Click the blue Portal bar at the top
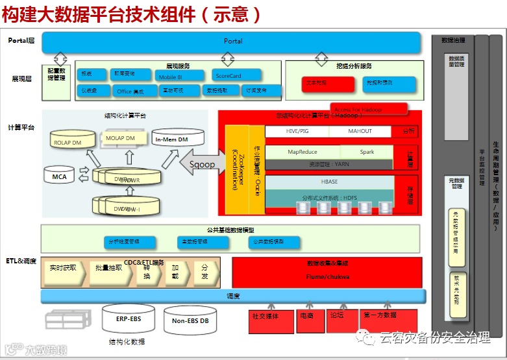click(x=233, y=42)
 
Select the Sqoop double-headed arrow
click(x=197, y=164)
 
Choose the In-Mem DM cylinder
click(x=175, y=139)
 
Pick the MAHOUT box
click(x=360, y=131)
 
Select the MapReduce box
click(x=302, y=152)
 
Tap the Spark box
click(x=367, y=152)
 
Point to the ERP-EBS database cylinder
click(x=128, y=319)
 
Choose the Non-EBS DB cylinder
click(x=190, y=320)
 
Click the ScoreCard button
click(x=236, y=76)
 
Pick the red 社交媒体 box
click(x=266, y=317)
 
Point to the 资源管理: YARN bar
click(x=329, y=165)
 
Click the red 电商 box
click(x=307, y=317)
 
